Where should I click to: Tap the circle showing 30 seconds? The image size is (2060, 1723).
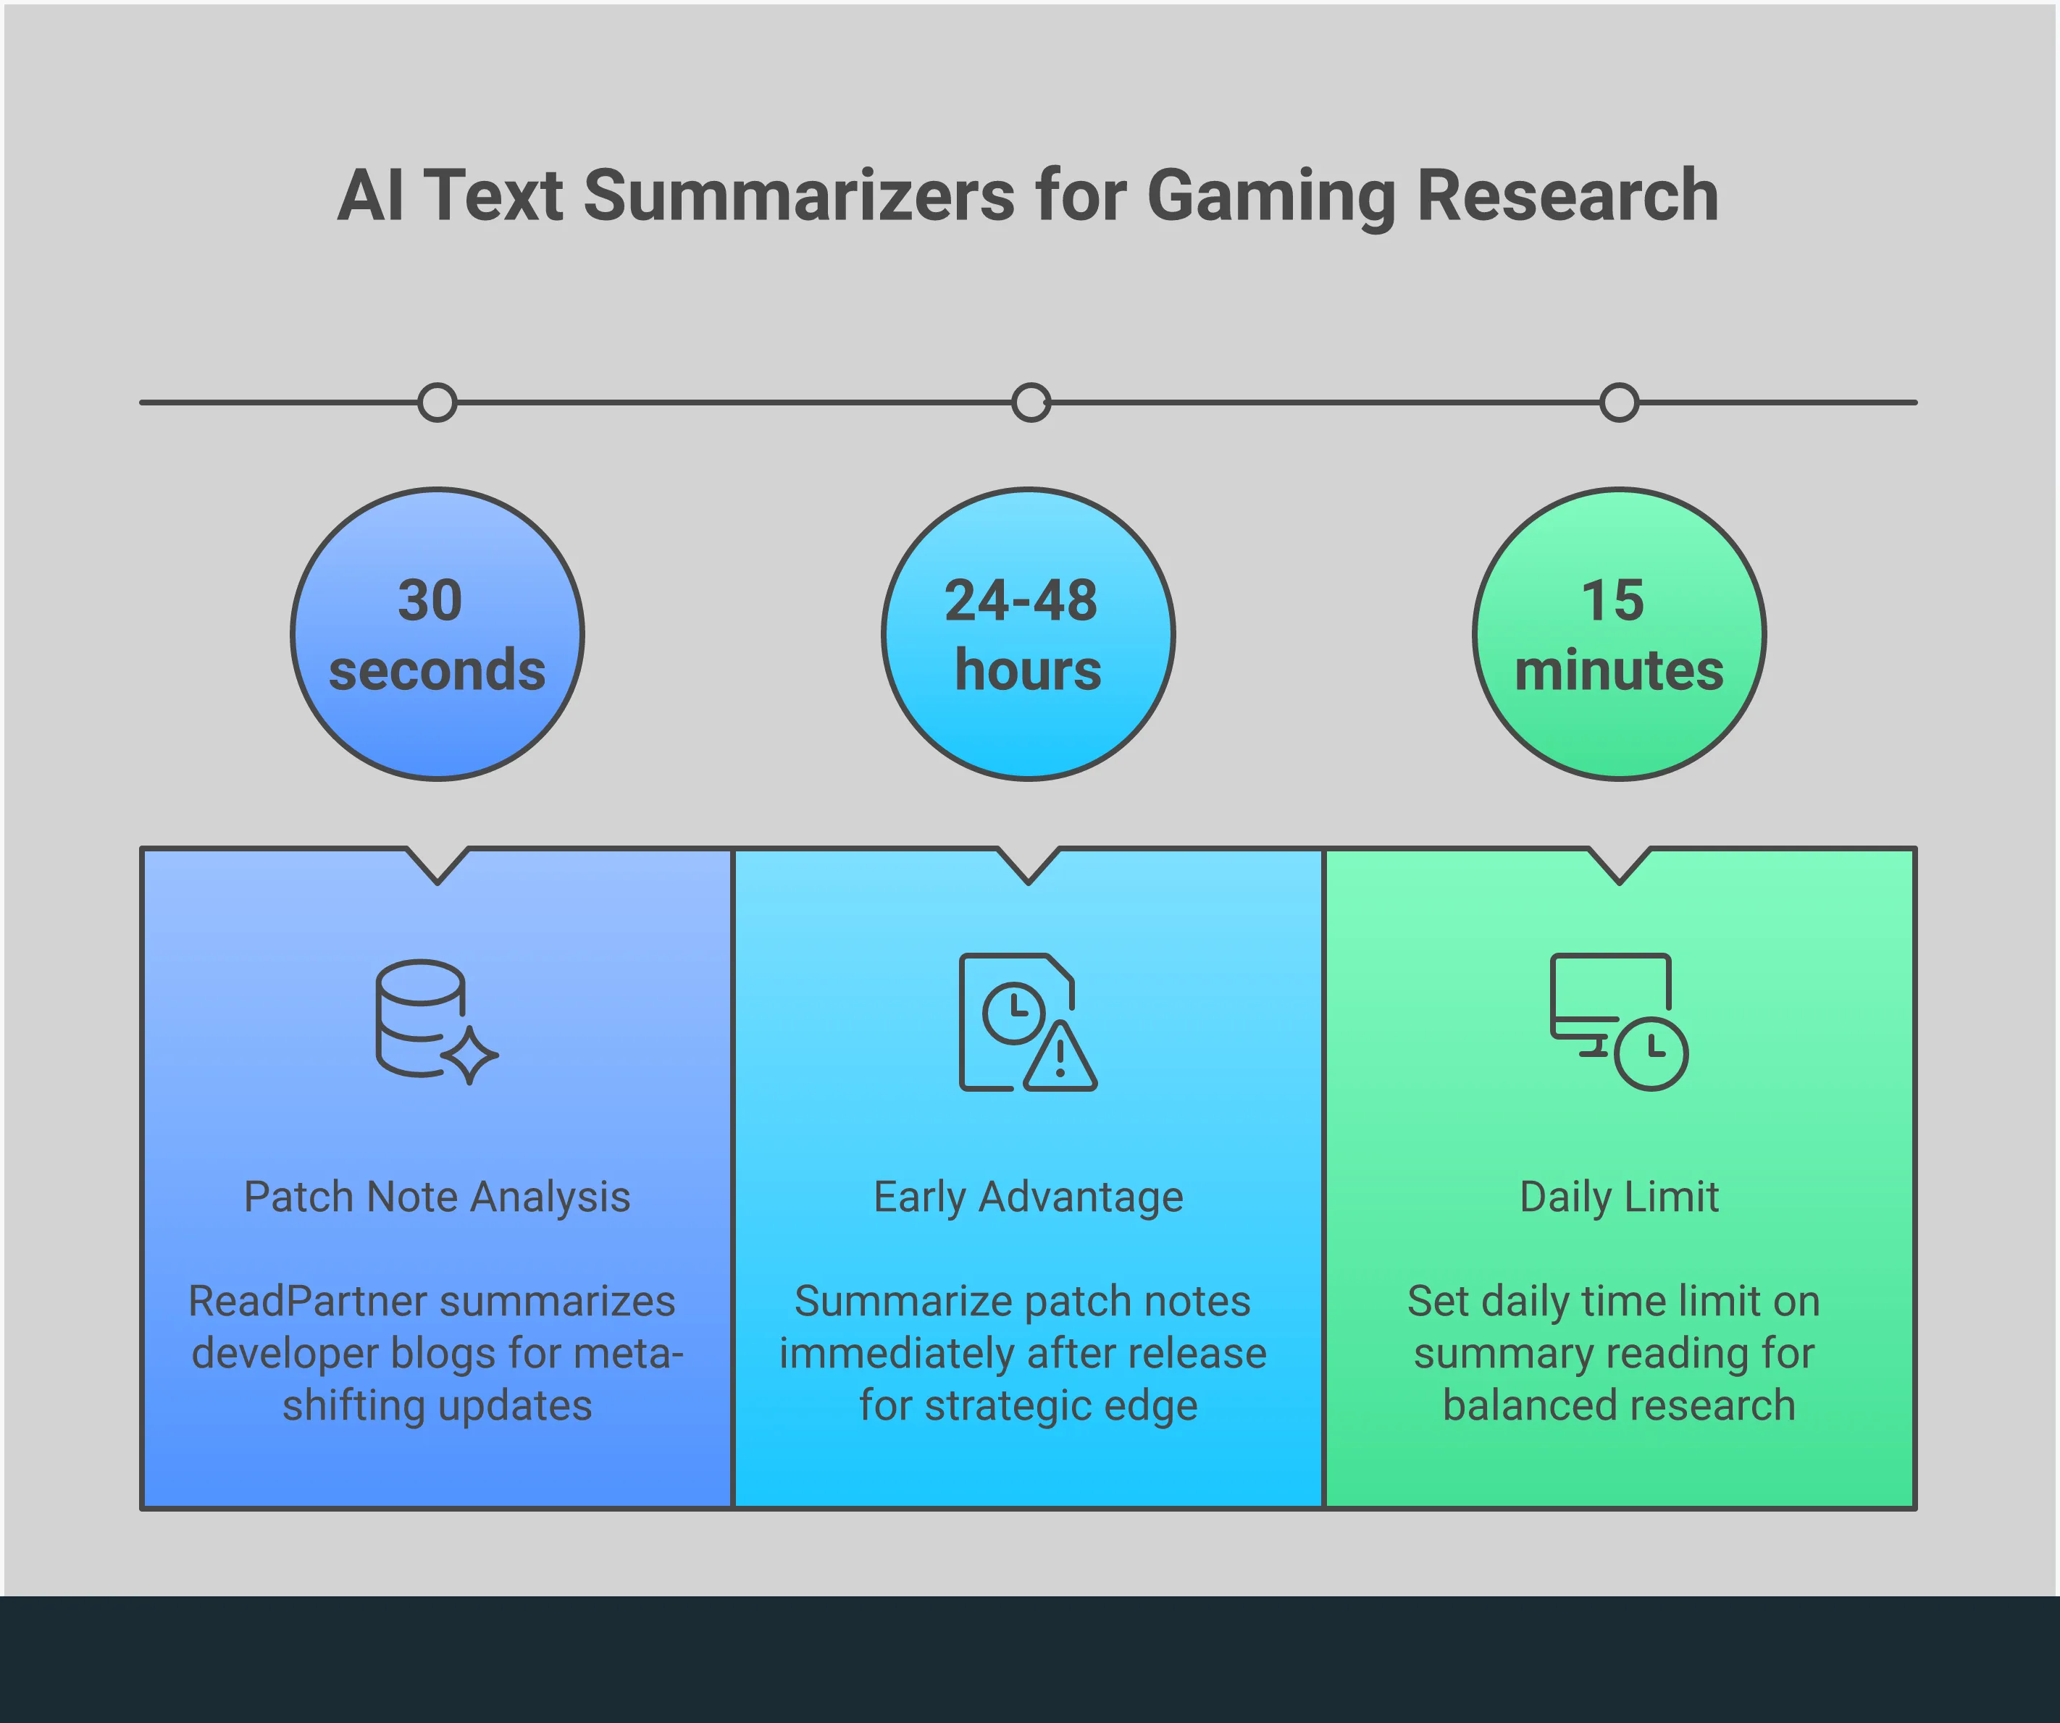coord(437,634)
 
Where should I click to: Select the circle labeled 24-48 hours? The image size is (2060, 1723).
coord(1028,634)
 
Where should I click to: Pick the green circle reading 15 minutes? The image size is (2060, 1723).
coord(1620,634)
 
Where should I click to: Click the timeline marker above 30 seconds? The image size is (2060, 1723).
coord(437,402)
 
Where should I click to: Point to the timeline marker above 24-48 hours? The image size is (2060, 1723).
coord(1031,402)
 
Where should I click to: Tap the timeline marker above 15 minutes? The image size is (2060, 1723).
coord(1620,402)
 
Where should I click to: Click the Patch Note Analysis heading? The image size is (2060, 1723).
coord(437,1197)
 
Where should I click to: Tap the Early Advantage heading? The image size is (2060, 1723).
coord(1028,1197)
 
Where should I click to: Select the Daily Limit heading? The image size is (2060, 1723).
coord(1620,1197)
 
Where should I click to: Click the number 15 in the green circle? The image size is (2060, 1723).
coord(1612,600)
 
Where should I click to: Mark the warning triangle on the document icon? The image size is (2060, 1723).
coord(1060,1057)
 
